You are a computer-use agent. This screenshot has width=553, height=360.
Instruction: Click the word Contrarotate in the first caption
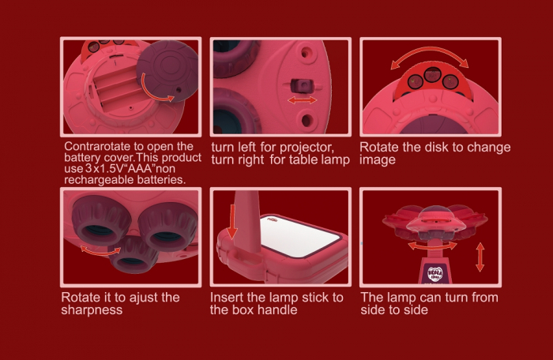[x=93, y=146]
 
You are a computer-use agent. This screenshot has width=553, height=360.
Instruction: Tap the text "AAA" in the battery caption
[x=139, y=168]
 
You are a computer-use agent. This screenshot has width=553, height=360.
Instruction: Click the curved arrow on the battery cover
[x=154, y=89]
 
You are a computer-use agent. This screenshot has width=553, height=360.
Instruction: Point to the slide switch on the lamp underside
[x=302, y=86]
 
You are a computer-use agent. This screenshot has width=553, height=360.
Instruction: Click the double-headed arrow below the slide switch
[x=303, y=100]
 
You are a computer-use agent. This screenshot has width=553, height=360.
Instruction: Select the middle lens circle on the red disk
[x=432, y=75]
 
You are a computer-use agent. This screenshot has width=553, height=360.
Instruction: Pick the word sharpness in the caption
[x=92, y=310]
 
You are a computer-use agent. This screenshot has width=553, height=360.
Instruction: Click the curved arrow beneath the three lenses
[x=100, y=251]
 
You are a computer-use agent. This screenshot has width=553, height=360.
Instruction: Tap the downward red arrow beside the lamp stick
[x=232, y=222]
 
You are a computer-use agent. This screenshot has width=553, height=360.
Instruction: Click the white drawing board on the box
[x=299, y=235]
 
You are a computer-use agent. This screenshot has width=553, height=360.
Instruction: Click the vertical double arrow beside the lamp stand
[x=480, y=257]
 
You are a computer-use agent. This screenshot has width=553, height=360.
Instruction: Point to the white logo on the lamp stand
[x=434, y=274]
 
